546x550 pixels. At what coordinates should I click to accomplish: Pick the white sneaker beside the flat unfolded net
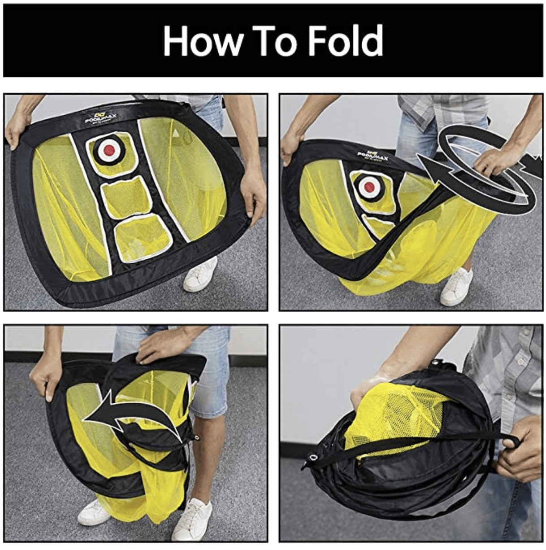[x=199, y=275]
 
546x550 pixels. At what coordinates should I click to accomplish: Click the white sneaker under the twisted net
[x=455, y=287]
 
